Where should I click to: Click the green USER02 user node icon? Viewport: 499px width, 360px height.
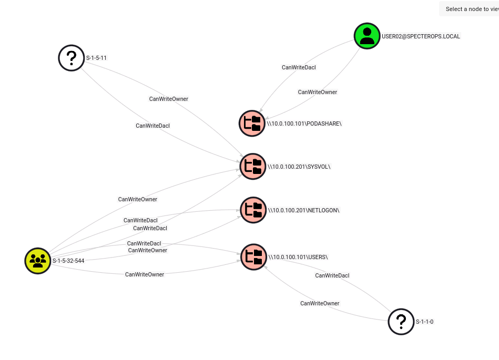click(x=367, y=36)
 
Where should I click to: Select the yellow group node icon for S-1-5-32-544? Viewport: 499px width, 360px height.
click(x=38, y=261)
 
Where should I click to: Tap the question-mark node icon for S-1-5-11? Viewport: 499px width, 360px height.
click(x=72, y=58)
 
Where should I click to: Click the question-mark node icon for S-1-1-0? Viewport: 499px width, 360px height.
click(x=401, y=322)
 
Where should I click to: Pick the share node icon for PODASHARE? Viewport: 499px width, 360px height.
click(x=252, y=124)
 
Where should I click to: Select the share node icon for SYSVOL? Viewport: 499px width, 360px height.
click(x=253, y=167)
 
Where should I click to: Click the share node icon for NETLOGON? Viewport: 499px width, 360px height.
click(x=253, y=210)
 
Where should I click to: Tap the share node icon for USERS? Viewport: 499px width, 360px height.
click(x=254, y=257)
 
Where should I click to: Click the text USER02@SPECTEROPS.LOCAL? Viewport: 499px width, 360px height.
click(x=421, y=36)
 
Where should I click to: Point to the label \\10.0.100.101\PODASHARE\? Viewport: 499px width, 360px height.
click(x=304, y=124)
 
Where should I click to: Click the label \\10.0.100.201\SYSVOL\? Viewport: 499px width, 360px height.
click(x=299, y=167)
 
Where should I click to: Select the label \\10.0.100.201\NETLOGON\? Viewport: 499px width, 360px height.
click(x=304, y=210)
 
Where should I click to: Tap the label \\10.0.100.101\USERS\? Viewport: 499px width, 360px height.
click(x=298, y=257)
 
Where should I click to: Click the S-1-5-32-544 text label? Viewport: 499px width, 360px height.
click(x=68, y=261)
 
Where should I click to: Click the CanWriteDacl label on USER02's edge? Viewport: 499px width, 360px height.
click(x=299, y=67)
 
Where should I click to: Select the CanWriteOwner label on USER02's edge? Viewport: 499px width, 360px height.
click(x=317, y=92)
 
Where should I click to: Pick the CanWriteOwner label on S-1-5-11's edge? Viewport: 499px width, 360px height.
click(x=168, y=99)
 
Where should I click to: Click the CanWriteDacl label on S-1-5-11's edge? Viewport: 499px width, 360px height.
click(x=152, y=126)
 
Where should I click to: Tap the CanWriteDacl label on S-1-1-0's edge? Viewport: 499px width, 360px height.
click(x=332, y=275)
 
